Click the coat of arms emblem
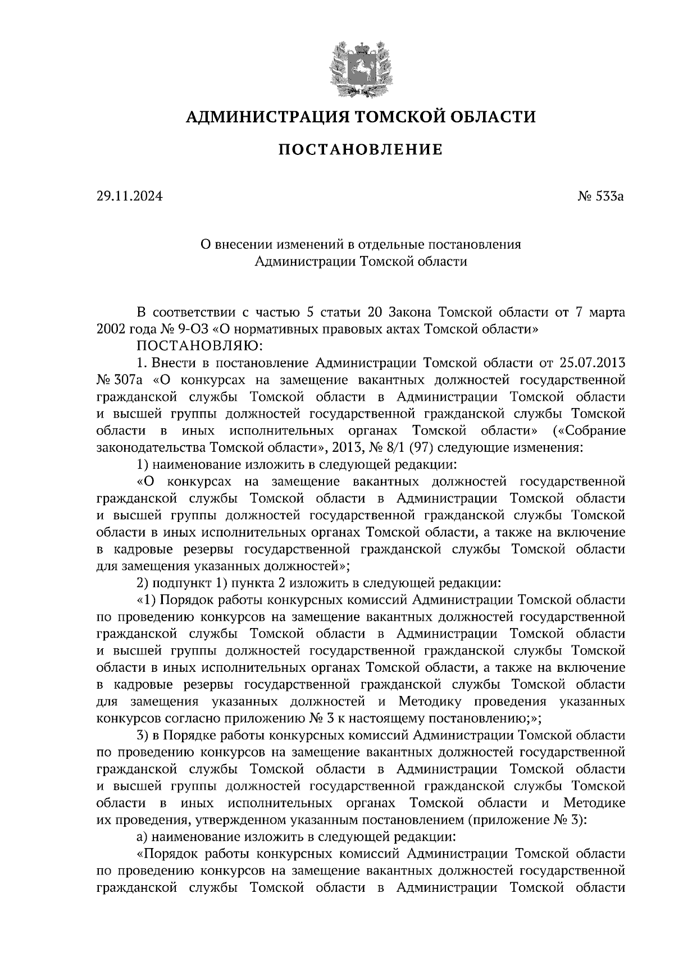point(360,67)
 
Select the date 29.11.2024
point(129,197)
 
